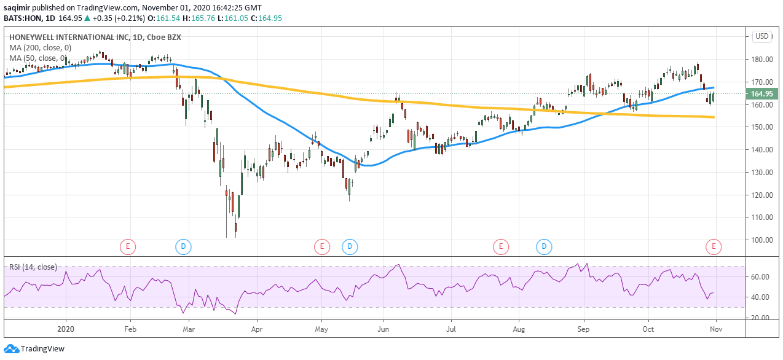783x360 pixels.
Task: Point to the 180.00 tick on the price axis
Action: pos(761,60)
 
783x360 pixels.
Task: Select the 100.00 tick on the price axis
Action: pos(761,240)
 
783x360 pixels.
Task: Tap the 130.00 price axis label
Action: pos(761,173)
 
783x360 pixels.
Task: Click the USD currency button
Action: pos(762,36)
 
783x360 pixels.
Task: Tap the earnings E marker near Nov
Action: pos(714,247)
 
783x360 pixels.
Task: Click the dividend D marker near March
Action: pos(183,247)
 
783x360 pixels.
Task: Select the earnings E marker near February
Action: pos(127,247)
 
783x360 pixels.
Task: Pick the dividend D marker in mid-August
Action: pos(544,247)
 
